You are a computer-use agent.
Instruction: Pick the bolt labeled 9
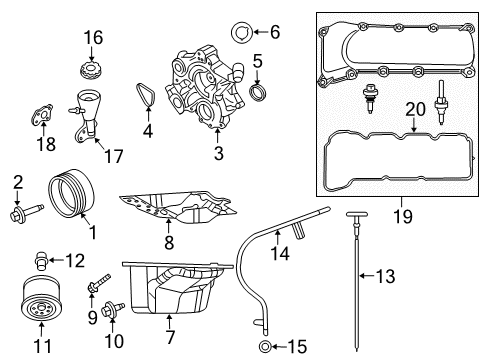tap(100, 284)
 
